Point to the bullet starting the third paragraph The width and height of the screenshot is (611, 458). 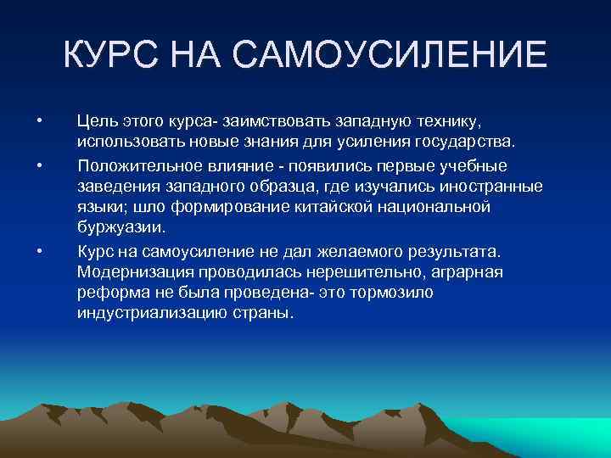click(x=39, y=250)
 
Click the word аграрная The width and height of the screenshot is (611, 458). click(x=466, y=272)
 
